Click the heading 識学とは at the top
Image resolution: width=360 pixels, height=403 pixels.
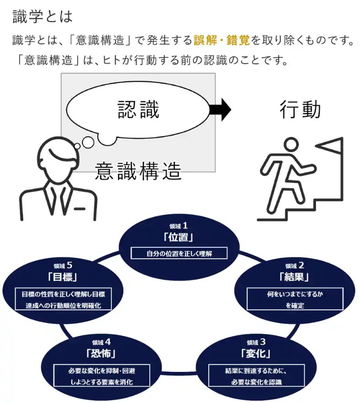42,16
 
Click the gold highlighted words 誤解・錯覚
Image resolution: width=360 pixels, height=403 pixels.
221,40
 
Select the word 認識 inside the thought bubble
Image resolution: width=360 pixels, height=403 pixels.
138,110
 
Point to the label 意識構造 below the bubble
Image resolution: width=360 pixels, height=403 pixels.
138,171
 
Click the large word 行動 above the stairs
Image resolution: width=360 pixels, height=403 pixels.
300,110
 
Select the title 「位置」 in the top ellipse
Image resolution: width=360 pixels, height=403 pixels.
179,237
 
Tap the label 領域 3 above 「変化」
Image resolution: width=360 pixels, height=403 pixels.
256,342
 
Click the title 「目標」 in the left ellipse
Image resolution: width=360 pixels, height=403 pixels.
63,277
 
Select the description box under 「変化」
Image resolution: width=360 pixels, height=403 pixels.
256,376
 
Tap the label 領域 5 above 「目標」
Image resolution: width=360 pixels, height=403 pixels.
63,265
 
